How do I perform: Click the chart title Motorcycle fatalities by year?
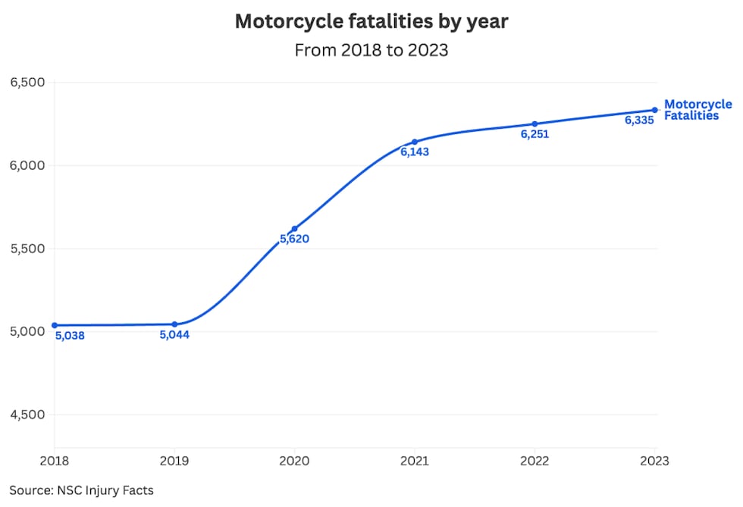coord(371,21)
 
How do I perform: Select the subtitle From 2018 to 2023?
coord(371,51)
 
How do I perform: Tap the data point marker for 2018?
coord(55,325)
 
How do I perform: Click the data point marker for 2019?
coord(174,324)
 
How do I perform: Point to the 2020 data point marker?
coord(294,229)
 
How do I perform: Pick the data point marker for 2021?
coord(415,142)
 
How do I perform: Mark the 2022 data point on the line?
coord(535,124)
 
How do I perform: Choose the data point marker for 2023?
coord(655,110)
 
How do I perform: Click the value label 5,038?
coord(70,336)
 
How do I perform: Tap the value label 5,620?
coord(294,239)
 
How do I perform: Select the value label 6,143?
coord(415,152)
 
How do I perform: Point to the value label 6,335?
coord(639,120)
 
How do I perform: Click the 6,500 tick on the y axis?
coord(27,82)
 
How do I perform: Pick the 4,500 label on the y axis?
coord(27,415)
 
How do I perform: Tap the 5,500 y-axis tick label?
coord(27,249)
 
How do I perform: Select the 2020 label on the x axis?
coord(294,460)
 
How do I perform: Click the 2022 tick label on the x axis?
coord(535,460)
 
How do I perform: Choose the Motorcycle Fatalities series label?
coord(698,110)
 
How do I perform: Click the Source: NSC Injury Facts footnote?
coord(81,490)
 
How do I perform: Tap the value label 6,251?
coord(535,135)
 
